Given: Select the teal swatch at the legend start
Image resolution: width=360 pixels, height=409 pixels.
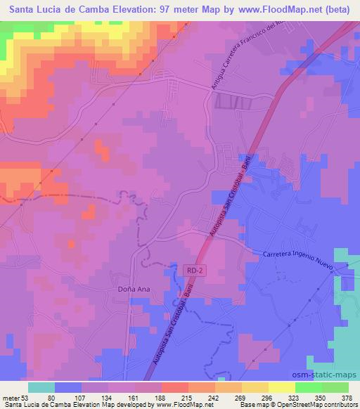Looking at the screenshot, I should (x=41, y=387).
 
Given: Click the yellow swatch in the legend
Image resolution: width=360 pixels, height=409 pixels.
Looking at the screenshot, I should (x=281, y=387).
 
